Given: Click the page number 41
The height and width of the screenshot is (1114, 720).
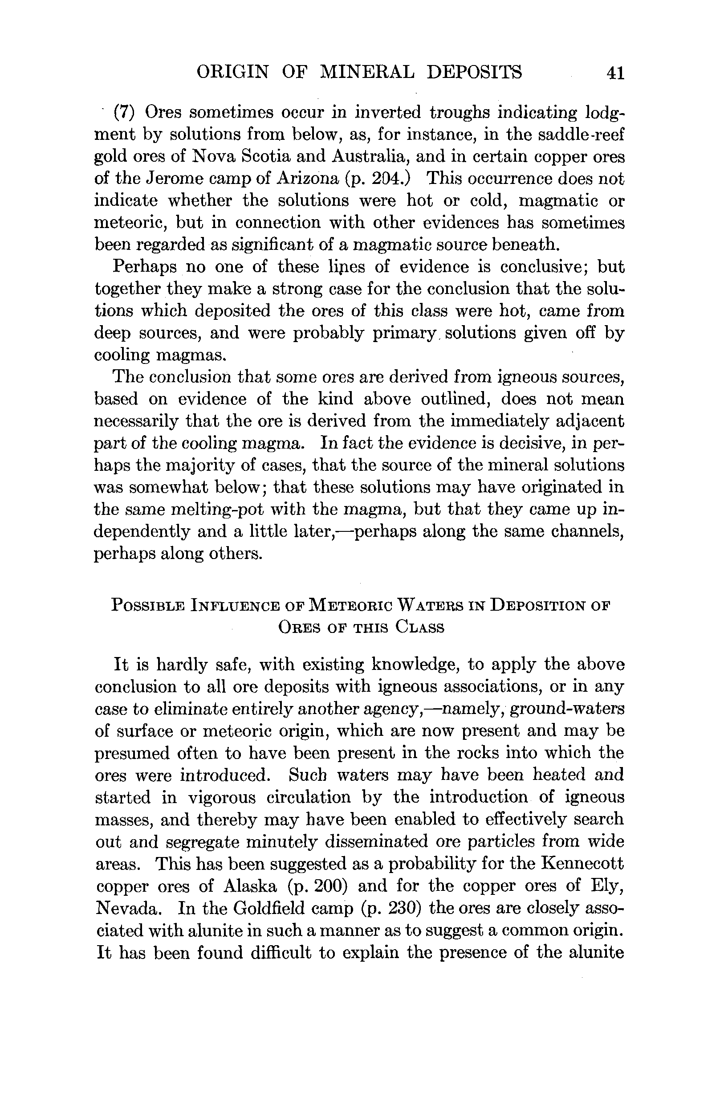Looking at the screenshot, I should pyautogui.click(x=615, y=73).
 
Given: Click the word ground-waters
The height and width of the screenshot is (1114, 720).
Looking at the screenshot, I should pyautogui.click(x=567, y=709).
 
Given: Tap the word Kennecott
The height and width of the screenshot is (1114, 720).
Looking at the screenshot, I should pyautogui.click(x=582, y=864).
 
